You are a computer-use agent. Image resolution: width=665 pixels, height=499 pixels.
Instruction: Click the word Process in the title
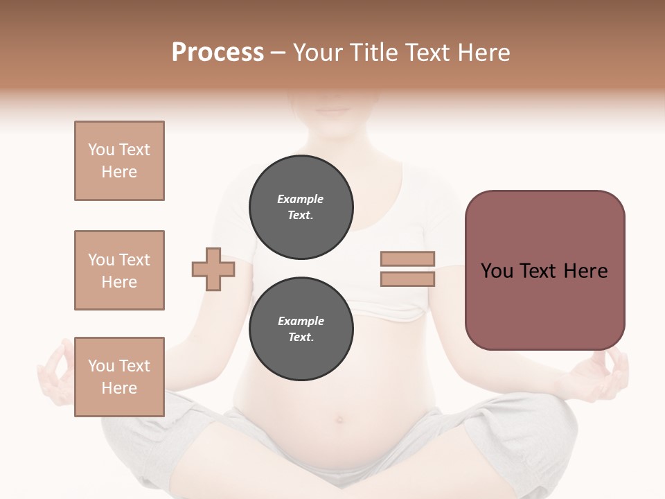pyautogui.click(x=218, y=53)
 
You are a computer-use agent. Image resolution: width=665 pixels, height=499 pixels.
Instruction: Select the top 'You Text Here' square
pyautogui.click(x=119, y=161)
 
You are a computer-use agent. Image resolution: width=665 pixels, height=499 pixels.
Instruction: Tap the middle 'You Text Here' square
pyautogui.click(x=119, y=270)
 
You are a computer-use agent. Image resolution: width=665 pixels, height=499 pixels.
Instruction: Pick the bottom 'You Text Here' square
pyautogui.click(x=119, y=377)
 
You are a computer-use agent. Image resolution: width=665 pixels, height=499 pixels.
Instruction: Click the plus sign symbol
pyautogui.click(x=213, y=269)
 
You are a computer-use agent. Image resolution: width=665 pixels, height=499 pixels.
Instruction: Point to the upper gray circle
pyautogui.click(x=301, y=207)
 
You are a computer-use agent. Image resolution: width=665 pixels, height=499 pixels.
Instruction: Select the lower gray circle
pyautogui.click(x=301, y=329)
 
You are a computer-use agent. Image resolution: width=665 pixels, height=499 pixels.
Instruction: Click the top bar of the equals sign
pyautogui.click(x=407, y=259)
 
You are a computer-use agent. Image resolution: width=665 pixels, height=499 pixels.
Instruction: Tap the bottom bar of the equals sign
pyautogui.click(x=407, y=279)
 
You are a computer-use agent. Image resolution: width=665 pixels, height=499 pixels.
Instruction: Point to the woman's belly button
pyautogui.click(x=339, y=419)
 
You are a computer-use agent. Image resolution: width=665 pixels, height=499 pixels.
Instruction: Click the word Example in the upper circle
pyautogui.click(x=301, y=199)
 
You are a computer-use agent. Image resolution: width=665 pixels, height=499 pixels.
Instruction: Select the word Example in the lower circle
pyautogui.click(x=301, y=321)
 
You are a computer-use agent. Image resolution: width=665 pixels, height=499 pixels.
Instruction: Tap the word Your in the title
pyautogui.click(x=317, y=53)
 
